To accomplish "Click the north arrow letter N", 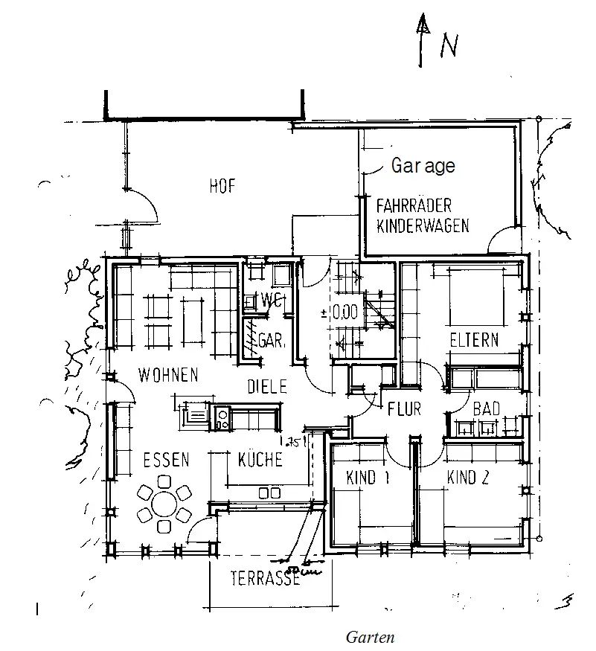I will click(449, 47).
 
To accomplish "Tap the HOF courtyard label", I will click(222, 187).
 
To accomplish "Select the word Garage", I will click(423, 166).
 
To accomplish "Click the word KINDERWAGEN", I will click(423, 225).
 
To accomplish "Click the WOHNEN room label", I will click(167, 374).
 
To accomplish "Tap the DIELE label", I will click(267, 385).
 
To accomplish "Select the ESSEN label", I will click(166, 460).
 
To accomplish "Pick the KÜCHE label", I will click(260, 460).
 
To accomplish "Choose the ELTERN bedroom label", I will click(474, 341).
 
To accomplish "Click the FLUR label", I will click(405, 408).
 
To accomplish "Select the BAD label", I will click(487, 408).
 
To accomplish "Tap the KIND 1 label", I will click(368, 478).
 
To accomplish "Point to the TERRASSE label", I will click(265, 577).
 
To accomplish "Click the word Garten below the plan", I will click(370, 637).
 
